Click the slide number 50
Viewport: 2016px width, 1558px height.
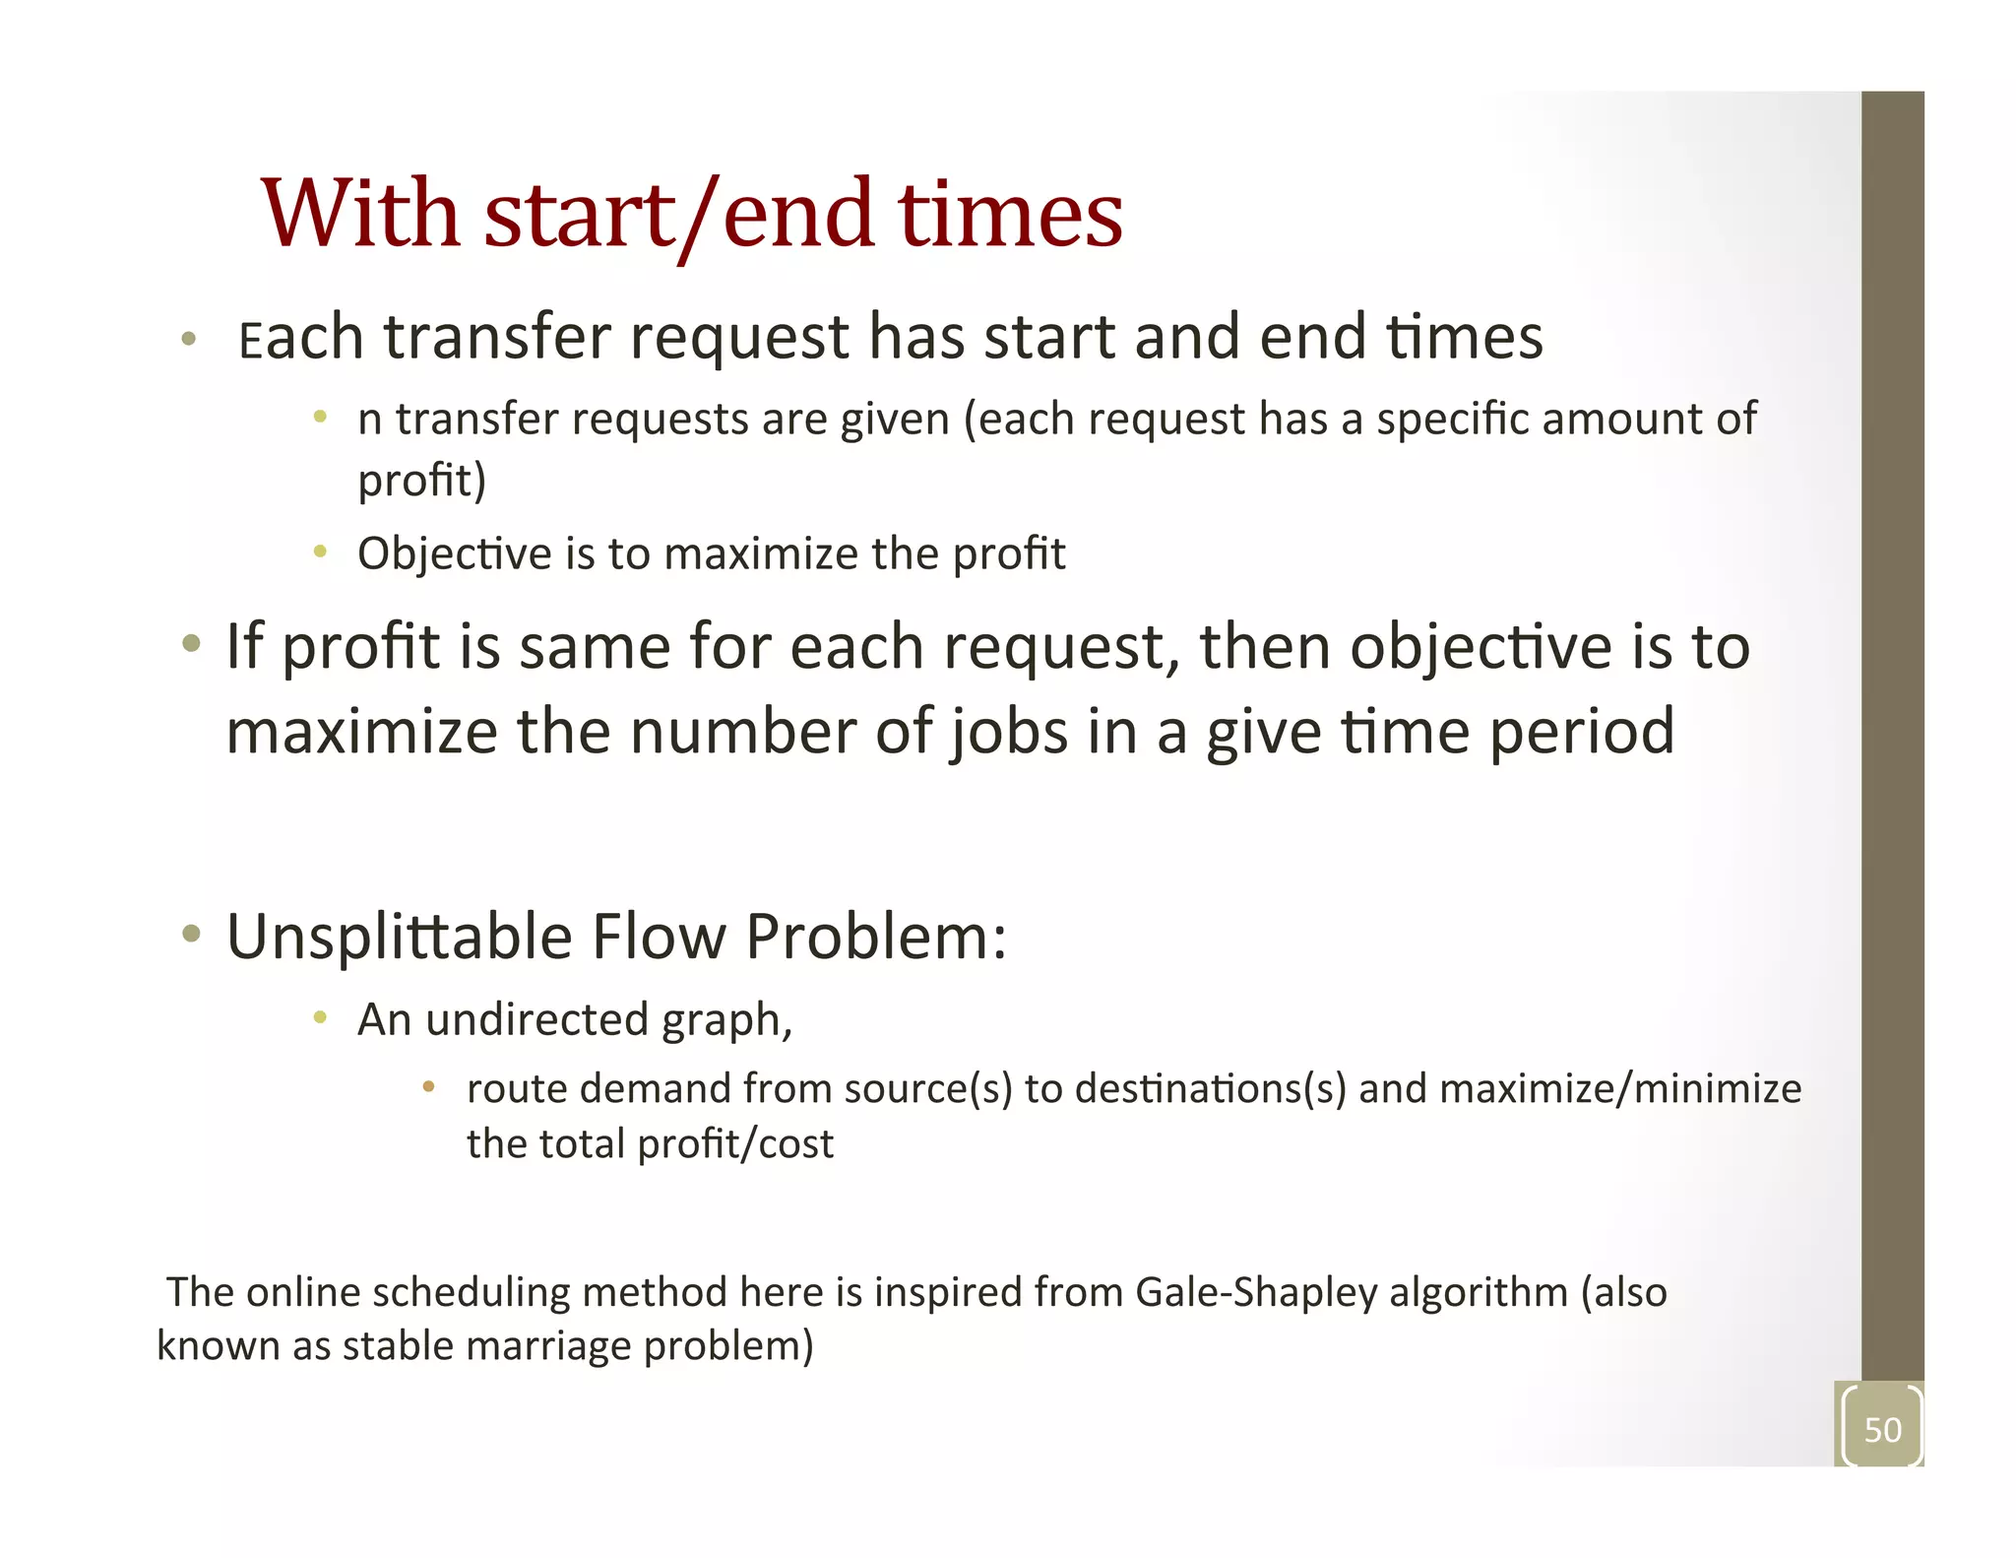tap(1882, 1429)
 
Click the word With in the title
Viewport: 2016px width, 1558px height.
tap(360, 214)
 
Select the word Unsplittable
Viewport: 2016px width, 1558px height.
tap(399, 937)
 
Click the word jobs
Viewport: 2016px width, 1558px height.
tap(1009, 733)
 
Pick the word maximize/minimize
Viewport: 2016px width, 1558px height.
tap(1620, 1089)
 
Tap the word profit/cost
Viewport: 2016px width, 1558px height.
tap(735, 1144)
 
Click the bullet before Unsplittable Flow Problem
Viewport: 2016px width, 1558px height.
tap(192, 933)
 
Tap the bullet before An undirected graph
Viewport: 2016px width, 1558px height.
tap(320, 1017)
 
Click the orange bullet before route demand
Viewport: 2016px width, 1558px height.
tap(428, 1087)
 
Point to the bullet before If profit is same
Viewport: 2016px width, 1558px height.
tap(192, 645)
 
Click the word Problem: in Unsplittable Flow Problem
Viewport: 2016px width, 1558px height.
tap(876, 937)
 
